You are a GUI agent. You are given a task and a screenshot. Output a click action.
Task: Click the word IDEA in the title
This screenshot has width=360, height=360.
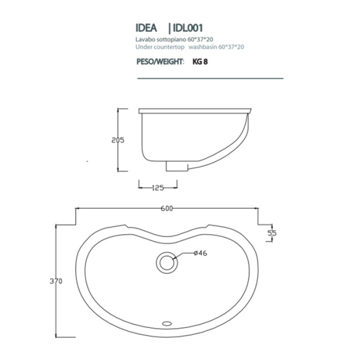146,28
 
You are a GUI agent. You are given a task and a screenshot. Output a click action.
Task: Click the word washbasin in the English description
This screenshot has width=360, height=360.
202,46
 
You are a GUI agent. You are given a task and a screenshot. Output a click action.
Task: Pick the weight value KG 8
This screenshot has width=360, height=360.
200,61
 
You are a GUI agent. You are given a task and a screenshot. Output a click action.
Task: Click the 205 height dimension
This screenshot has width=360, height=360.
118,140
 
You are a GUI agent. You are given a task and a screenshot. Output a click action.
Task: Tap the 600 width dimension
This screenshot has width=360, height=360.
166,208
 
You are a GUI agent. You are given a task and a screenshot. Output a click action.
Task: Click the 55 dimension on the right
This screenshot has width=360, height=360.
272,232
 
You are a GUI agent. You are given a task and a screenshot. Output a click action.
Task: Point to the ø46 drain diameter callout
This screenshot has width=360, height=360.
200,254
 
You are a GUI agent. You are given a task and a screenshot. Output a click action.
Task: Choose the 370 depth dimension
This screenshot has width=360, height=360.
56,281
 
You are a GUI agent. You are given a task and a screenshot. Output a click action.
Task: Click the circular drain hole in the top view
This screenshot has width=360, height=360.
166,262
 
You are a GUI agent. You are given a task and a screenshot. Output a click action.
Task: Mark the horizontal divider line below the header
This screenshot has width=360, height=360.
209,79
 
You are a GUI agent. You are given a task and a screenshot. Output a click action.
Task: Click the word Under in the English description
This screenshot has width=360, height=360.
143,46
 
